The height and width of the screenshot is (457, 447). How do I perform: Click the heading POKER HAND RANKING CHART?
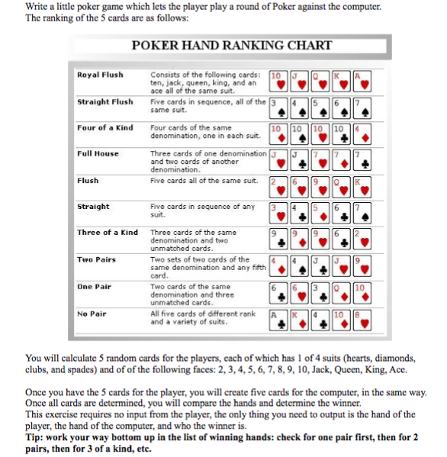(x=232, y=46)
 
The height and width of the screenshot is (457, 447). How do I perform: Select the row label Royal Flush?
(x=100, y=75)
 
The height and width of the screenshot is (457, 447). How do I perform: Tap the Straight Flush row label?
(x=105, y=101)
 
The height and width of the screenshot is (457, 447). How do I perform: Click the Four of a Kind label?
(x=105, y=127)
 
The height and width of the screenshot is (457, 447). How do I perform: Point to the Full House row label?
(x=98, y=153)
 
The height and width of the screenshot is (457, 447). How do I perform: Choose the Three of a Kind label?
(x=107, y=232)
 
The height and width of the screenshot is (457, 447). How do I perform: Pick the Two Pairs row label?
(x=96, y=259)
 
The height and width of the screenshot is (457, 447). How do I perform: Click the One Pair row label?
(x=95, y=286)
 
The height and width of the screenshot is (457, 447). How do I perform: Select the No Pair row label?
(x=92, y=313)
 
